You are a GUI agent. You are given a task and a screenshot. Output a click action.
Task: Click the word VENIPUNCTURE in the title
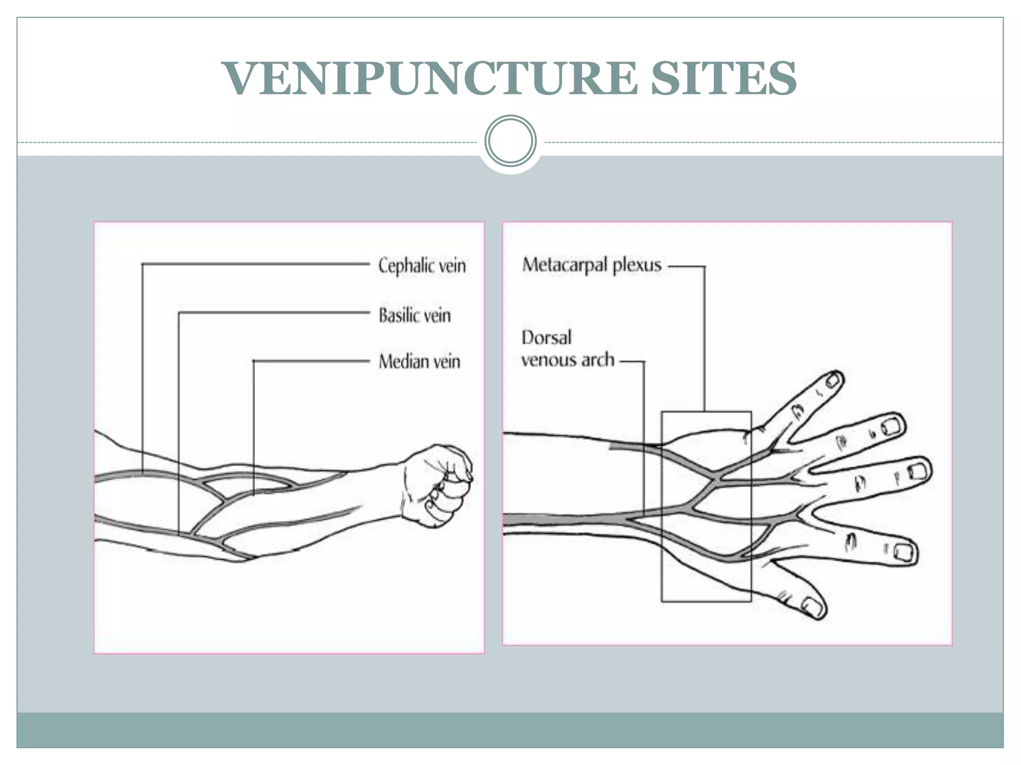pos(430,78)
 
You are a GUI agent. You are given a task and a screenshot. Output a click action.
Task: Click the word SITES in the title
pos(723,78)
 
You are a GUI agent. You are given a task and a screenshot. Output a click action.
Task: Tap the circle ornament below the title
pos(510,141)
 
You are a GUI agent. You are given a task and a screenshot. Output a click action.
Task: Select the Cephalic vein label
pos(422,265)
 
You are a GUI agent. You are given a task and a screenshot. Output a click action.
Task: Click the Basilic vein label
pos(414,315)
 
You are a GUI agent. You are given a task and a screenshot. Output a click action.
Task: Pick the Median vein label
pos(419,362)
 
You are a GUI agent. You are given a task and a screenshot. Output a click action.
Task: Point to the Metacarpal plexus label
pos(592,265)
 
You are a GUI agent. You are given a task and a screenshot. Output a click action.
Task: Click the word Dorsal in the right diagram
pos(546,338)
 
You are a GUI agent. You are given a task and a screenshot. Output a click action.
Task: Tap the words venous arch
pos(568,360)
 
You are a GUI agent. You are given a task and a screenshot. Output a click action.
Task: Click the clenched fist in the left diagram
pos(439,485)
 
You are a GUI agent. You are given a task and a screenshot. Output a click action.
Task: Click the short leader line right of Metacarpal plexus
pos(685,266)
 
